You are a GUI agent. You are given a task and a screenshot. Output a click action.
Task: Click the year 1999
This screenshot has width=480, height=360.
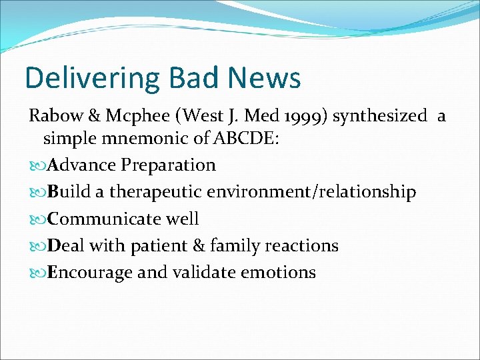click(x=303, y=116)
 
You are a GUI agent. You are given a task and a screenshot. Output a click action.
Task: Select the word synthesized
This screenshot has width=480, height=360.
click(x=380, y=116)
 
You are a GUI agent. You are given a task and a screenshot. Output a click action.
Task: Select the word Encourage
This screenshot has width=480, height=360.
click(x=85, y=273)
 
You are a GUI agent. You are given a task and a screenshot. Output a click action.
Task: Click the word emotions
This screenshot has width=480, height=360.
click(x=280, y=273)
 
